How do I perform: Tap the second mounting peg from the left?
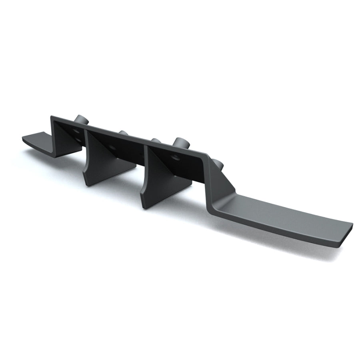tap(124, 133)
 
